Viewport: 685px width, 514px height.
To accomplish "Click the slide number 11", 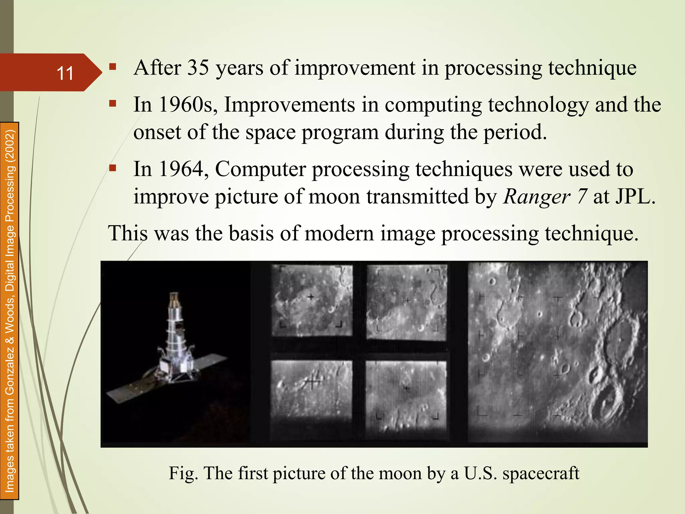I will tap(65, 73).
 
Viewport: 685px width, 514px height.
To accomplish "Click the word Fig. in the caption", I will tap(183, 473).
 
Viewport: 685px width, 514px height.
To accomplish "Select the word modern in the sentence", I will tap(339, 233).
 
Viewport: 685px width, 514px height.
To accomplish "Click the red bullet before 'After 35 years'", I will tap(112, 67).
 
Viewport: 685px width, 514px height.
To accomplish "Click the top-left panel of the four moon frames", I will tap(311, 300).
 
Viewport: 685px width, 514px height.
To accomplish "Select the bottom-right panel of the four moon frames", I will tap(406, 395).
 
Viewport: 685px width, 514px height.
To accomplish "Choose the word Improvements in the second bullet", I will tap(290, 104).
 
